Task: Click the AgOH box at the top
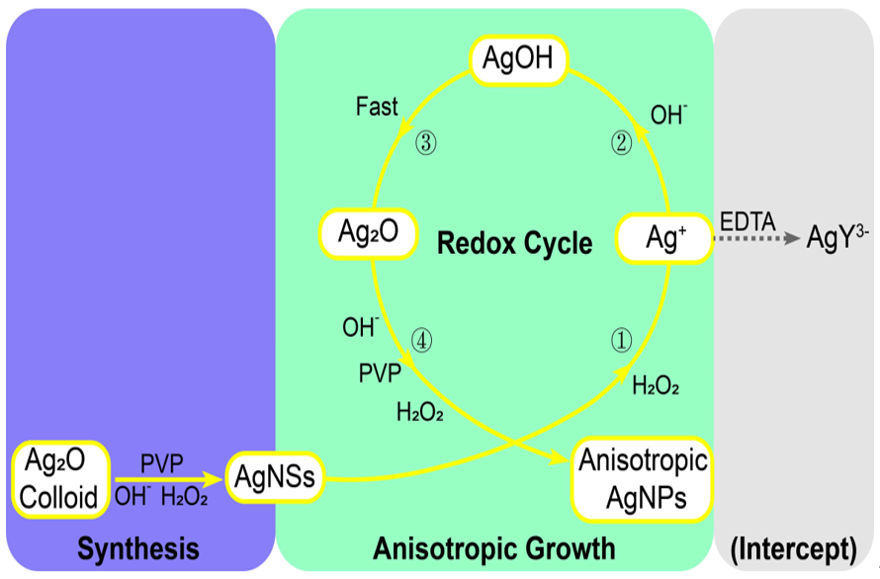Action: pyautogui.click(x=517, y=59)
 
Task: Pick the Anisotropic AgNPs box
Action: pyautogui.click(x=644, y=479)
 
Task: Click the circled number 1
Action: pyautogui.click(x=621, y=341)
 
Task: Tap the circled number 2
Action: pyautogui.click(x=621, y=144)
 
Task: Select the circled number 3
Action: pyautogui.click(x=425, y=144)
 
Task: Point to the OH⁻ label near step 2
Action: pyautogui.click(x=668, y=116)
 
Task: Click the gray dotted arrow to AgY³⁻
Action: pyautogui.click(x=756, y=239)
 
